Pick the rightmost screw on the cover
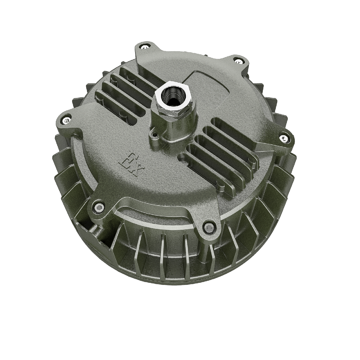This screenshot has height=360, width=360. (284, 138)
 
